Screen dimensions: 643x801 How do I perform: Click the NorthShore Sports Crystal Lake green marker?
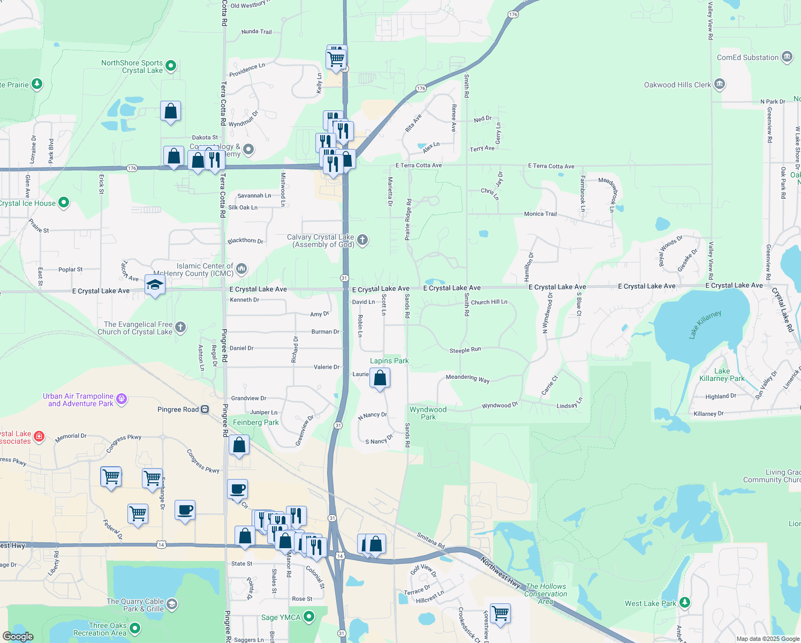coord(171,66)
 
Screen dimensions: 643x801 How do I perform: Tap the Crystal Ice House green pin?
coord(64,203)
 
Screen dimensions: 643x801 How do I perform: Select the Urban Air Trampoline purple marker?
coord(122,399)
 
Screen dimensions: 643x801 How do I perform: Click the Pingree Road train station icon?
coord(205,409)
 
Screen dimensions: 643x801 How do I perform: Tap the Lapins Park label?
coord(389,361)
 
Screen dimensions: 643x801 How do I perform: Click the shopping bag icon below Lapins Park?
coord(380,378)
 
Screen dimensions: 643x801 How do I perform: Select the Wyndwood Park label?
coord(428,413)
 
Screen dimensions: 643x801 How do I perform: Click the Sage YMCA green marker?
coord(308,617)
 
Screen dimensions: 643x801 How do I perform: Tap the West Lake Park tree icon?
coord(684,603)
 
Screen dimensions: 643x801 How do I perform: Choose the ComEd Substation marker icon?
coord(787,57)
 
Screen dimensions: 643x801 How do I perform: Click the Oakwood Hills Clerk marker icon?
coord(720,84)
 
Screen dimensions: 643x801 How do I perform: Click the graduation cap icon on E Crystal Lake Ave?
coord(155,285)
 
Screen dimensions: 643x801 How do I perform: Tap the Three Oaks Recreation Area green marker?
coord(135,628)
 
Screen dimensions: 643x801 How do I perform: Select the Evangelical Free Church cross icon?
coord(180,327)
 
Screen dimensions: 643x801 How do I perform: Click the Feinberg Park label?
coord(256,422)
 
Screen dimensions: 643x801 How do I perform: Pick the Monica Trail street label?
coord(540,214)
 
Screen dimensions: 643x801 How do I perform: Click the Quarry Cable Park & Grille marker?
coord(172,604)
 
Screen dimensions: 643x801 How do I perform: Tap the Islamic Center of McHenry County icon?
coord(241,268)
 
